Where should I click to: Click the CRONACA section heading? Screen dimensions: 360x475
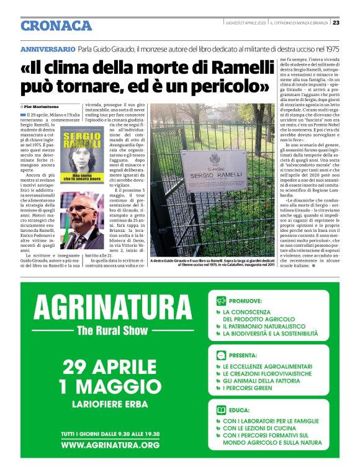point(56,25)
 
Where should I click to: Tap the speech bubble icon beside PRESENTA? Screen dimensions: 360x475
point(222,356)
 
